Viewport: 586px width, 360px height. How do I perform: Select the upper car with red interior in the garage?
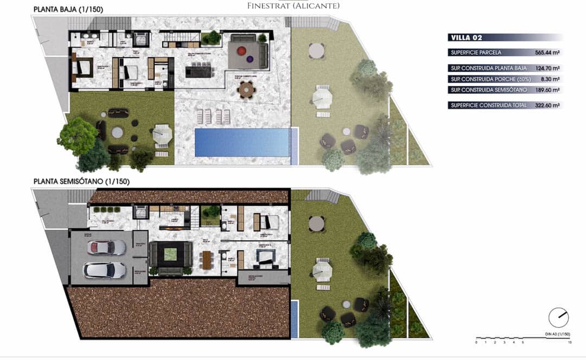[106, 247]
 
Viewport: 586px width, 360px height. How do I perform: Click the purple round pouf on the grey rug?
[250, 59]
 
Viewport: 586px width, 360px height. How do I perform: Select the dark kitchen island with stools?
[200, 71]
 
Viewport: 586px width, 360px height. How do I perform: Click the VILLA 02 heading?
[466, 37]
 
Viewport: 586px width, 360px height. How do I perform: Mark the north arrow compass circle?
[558, 318]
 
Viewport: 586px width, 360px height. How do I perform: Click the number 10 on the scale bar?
[569, 343]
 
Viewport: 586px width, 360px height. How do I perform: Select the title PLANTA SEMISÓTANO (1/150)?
[81, 182]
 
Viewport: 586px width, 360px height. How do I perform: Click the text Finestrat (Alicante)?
[293, 6]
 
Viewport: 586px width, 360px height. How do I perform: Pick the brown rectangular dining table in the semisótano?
[207, 259]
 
